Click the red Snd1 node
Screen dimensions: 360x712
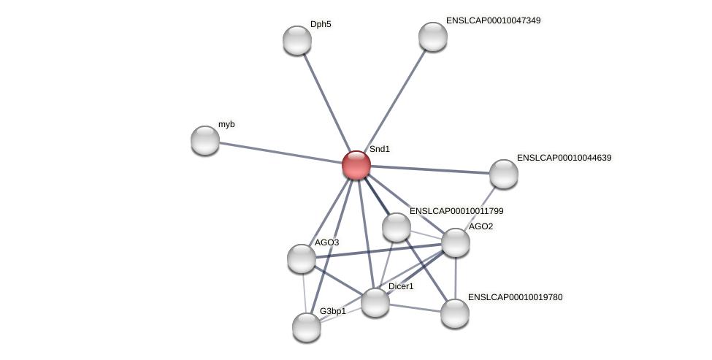click(356, 165)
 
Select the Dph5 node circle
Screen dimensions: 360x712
click(297, 40)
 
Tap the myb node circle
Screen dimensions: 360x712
click(205, 140)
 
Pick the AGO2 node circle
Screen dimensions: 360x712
click(456, 242)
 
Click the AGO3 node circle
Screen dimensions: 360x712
click(302, 258)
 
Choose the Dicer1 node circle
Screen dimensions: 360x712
click(375, 302)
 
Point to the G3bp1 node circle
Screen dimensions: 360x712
click(307, 327)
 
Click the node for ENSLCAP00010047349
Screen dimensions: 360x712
click(433, 37)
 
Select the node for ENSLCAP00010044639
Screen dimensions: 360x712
click(504, 174)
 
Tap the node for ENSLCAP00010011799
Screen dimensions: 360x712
click(397, 227)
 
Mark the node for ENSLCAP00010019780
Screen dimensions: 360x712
click(455, 313)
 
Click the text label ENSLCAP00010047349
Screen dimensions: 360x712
click(493, 20)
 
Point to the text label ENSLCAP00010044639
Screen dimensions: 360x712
click(564, 158)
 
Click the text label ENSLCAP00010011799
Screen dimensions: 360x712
click(456, 211)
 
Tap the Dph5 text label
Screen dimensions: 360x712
click(321, 24)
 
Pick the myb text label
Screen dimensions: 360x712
click(226, 124)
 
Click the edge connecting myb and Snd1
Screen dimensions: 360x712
click(281, 153)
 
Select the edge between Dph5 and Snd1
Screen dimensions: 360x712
click(326, 102)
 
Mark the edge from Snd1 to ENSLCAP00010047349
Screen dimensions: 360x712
click(394, 101)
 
